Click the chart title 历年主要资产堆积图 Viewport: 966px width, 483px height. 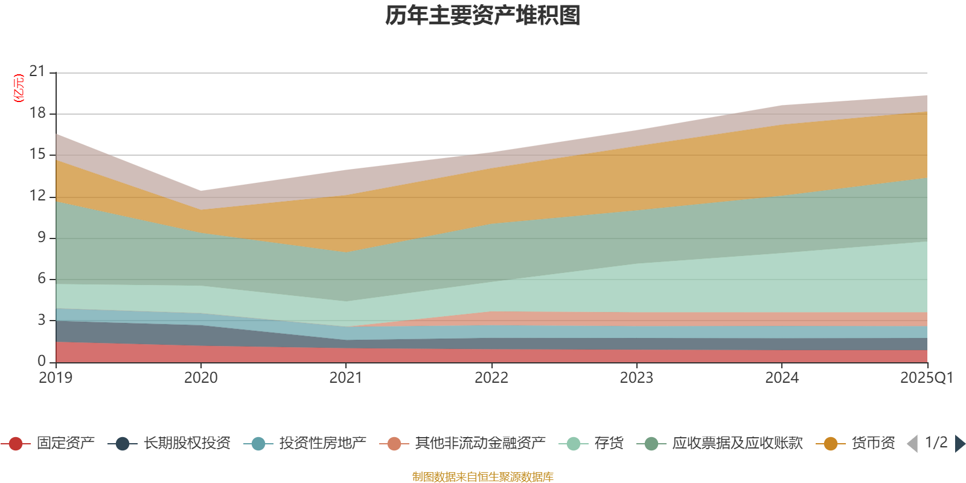[483, 16]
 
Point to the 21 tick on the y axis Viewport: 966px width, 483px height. [37, 72]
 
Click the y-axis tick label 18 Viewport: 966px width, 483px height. [37, 113]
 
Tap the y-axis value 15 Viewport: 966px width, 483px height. [37, 155]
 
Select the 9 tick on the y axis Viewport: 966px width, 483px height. [41, 237]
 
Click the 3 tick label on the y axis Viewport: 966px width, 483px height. [41, 320]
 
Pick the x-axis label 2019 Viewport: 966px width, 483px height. [56, 378]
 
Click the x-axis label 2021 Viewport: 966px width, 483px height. [345, 378]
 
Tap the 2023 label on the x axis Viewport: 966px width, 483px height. [636, 378]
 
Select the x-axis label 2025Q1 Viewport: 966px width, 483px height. [926, 378]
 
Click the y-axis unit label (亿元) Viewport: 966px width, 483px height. [19, 88]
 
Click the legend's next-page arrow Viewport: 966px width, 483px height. [959, 444]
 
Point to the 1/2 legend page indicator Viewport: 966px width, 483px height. [936, 443]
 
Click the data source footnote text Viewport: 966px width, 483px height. [483, 477]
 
